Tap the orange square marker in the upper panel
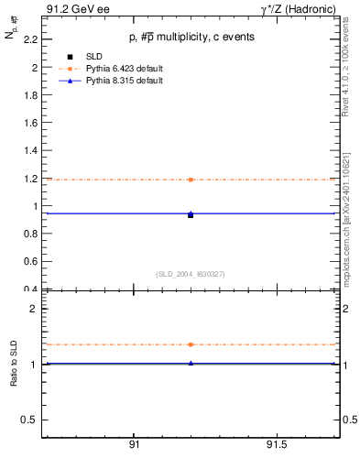tap(191, 180)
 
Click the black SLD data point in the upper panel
tap(191, 215)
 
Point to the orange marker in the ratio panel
tap(191, 344)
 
